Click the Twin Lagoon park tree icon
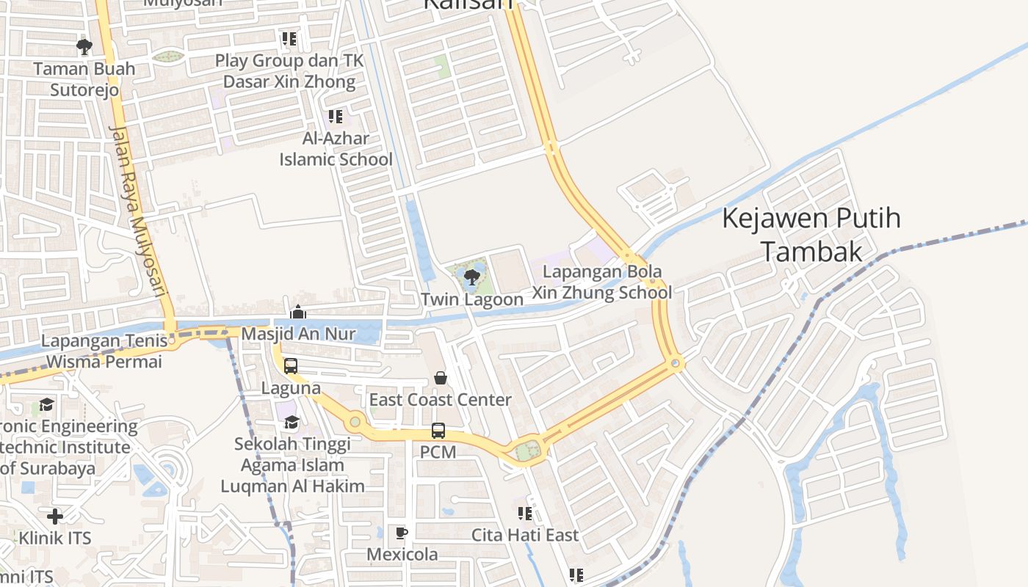tap(472, 277)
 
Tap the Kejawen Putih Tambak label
tap(811, 234)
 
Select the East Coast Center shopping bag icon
tap(440, 378)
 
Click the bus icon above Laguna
tap(291, 365)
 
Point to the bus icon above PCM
tap(438, 431)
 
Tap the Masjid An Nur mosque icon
tap(298, 313)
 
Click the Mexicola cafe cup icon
tap(402, 533)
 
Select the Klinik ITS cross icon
tap(54, 516)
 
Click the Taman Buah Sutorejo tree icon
tap(84, 47)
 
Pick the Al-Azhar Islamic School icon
tap(336, 116)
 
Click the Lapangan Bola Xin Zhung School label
tap(601, 282)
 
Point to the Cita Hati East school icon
tap(524, 513)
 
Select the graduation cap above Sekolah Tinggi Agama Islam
tap(292, 422)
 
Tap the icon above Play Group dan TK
tap(289, 38)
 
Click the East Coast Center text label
tap(440, 400)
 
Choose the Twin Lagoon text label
tap(472, 299)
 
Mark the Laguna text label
tap(291, 387)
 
